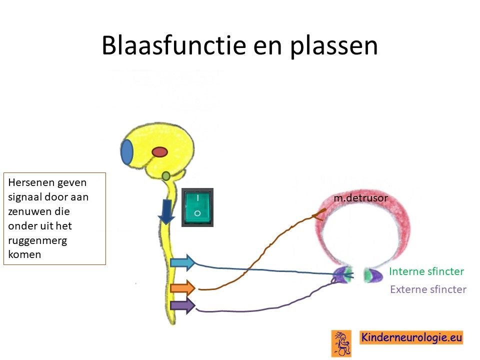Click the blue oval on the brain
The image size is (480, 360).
[x=127, y=152]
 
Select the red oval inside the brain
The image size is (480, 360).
[x=160, y=152]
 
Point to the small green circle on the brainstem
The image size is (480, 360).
[x=165, y=176]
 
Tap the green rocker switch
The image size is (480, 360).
[x=197, y=207]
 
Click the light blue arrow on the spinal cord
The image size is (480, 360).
[x=183, y=262]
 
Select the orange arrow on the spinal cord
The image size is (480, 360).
[x=183, y=288]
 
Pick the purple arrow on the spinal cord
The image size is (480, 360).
[x=183, y=305]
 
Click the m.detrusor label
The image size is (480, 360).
[x=360, y=198]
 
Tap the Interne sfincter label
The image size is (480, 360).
[x=426, y=271]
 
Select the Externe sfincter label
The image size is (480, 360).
[x=428, y=289]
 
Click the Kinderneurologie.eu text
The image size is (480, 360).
[x=411, y=337]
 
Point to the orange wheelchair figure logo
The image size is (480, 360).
[x=341, y=343]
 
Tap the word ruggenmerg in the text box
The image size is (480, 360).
[x=37, y=240]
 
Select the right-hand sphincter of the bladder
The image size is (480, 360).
[x=373, y=275]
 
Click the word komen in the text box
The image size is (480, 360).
[x=24, y=254]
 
